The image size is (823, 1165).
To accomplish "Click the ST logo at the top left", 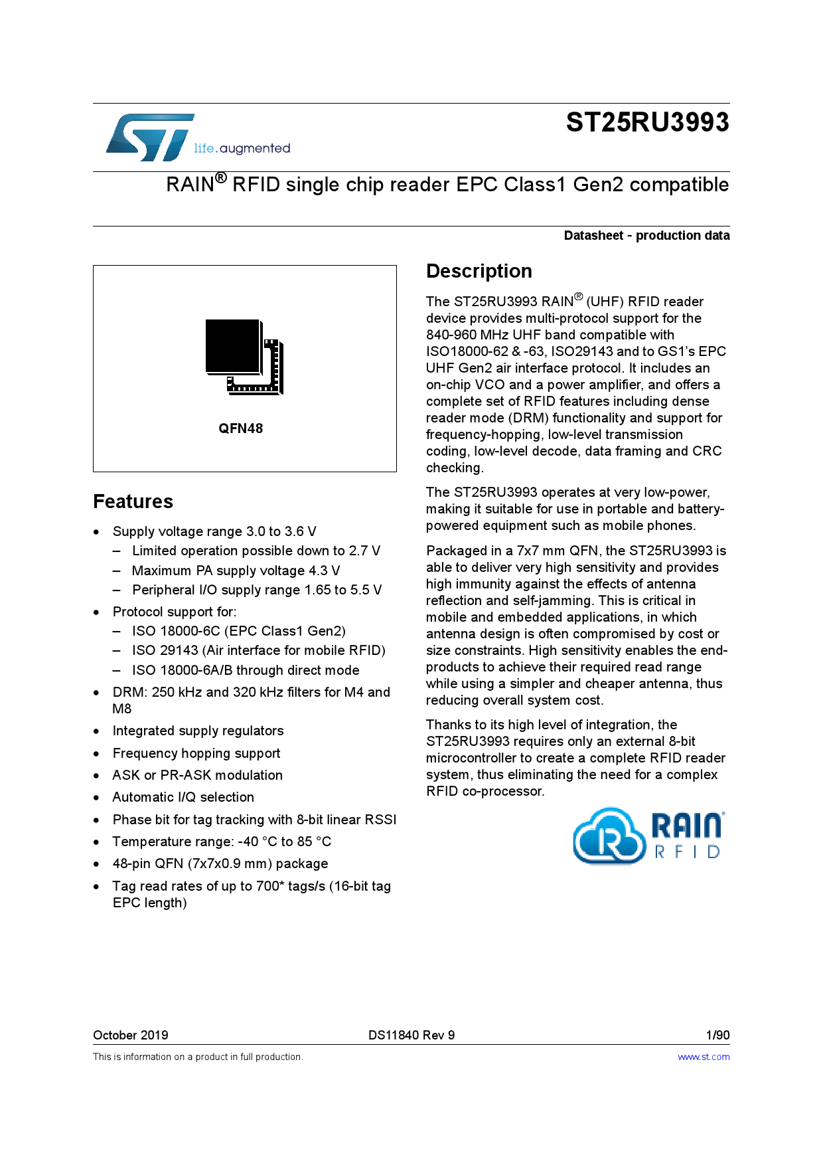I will point(150,137).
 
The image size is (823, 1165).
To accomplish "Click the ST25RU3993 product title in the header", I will point(647,123).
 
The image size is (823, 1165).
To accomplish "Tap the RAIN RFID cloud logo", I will point(648,836).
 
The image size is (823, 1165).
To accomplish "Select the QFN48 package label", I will point(241,428).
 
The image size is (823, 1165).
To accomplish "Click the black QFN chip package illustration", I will point(244,357).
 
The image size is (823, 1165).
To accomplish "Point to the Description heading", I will point(479,271).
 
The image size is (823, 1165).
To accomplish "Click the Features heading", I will point(133,501).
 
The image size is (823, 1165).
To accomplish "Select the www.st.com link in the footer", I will point(704,1057).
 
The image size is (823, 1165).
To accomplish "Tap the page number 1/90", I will point(717,1035).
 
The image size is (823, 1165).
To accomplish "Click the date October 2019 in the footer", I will point(131,1035).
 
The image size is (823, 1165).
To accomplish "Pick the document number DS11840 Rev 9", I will point(411,1035).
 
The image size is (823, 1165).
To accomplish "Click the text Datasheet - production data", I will point(646,235).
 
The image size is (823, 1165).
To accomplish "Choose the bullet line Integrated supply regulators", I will point(198,731).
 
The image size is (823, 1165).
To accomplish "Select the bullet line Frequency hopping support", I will point(196,753).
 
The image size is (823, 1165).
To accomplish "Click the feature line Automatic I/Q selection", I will point(183,797).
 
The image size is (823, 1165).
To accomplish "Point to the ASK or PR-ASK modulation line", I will point(197,775).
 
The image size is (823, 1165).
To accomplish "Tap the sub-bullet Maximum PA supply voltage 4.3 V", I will point(236,571).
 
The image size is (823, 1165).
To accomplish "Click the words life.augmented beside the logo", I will point(242,148).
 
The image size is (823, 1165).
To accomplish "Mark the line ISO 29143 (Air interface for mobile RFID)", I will point(258,650).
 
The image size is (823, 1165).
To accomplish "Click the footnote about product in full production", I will point(198,1057).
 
